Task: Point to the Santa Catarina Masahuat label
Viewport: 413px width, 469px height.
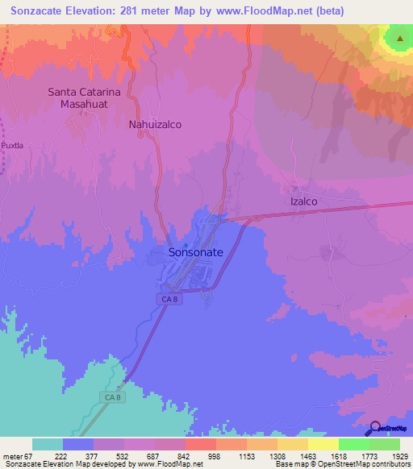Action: (84, 98)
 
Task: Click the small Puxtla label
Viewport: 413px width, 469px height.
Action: (14, 145)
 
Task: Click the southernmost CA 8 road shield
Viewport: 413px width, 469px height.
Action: (113, 396)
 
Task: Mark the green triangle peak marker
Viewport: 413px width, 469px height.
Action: (399, 38)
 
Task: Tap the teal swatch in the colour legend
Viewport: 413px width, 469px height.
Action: (48, 444)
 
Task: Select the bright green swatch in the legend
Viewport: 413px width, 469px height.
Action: (353, 444)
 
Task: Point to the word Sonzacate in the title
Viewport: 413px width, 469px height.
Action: (41, 11)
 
